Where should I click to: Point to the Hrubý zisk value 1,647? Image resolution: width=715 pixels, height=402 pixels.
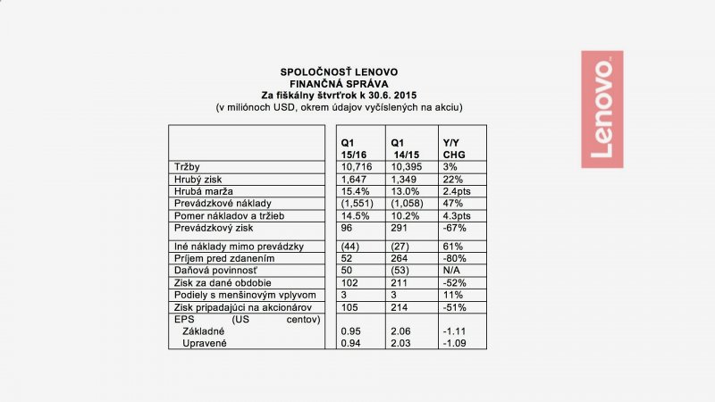(x=353, y=179)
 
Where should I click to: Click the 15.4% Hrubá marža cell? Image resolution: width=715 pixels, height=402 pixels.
(x=354, y=191)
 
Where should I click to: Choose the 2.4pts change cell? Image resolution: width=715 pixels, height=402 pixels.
(x=457, y=191)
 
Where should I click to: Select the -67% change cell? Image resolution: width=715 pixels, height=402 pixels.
(x=453, y=228)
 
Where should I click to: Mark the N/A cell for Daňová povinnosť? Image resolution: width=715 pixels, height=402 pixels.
(x=451, y=270)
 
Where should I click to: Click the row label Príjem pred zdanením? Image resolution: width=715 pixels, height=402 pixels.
(x=217, y=258)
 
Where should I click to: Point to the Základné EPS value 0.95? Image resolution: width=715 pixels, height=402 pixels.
(x=350, y=330)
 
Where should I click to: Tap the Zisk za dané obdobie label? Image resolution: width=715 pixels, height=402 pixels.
(x=214, y=282)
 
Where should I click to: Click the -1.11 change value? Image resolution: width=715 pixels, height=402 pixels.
(x=455, y=330)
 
